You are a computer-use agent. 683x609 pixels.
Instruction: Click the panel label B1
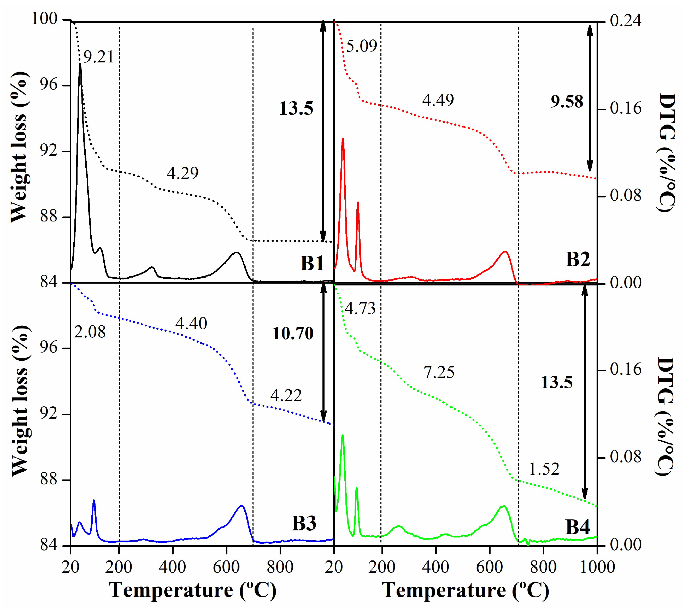(312, 263)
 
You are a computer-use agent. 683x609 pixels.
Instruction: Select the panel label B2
(578, 259)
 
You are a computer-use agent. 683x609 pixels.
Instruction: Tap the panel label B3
(304, 523)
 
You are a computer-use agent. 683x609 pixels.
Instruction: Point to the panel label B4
(577, 527)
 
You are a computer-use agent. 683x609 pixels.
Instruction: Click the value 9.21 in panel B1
(99, 57)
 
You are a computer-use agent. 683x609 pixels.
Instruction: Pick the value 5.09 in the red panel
(362, 46)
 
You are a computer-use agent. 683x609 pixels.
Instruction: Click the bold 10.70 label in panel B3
(293, 333)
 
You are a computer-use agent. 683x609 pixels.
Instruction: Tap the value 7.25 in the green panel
(439, 372)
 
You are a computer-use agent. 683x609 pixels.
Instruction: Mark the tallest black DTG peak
(80, 64)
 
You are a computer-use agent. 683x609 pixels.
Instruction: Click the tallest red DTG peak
(343, 138)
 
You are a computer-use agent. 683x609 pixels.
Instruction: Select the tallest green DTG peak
(343, 436)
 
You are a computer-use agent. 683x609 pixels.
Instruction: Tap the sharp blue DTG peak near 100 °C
(94, 501)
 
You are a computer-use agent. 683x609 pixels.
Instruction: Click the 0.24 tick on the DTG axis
(626, 21)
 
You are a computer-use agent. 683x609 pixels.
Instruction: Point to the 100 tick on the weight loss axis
(44, 19)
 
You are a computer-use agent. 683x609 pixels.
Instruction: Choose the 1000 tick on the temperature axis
(597, 567)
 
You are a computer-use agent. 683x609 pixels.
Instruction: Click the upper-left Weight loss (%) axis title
(18, 147)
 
